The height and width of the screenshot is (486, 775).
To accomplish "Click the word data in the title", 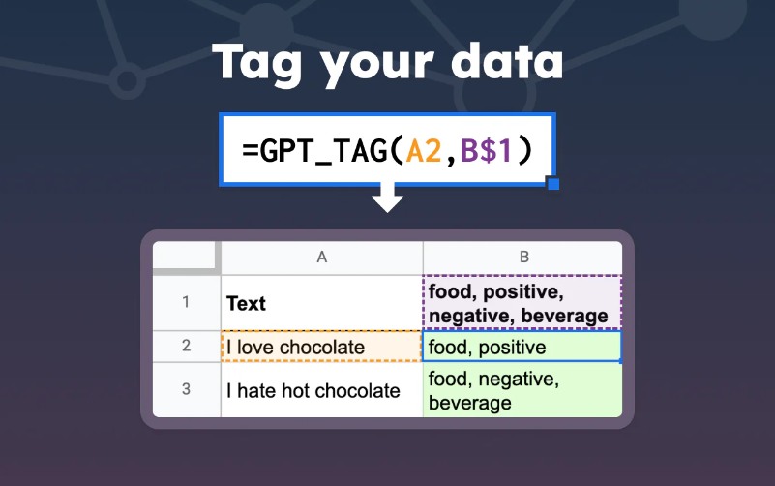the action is [x=507, y=61].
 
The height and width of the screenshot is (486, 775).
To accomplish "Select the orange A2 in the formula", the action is [x=424, y=150].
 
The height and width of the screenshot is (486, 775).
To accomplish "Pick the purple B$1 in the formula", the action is [x=487, y=150].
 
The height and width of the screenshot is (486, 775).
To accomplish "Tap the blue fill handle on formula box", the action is [x=553, y=183].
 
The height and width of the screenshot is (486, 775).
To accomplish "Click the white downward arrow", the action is [x=387, y=197].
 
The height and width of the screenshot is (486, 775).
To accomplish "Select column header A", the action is [x=322, y=258].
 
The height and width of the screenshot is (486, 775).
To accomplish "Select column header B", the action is [x=523, y=258].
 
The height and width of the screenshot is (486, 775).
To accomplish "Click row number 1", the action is [x=186, y=302].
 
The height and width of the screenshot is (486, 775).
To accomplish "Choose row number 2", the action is [x=186, y=346].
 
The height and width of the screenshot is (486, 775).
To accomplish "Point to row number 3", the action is [x=186, y=389].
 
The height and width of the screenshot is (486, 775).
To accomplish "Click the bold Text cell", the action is [x=322, y=303].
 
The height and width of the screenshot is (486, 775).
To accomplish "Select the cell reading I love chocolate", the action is [x=322, y=346].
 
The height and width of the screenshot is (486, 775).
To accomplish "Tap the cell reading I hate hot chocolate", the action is [x=322, y=390].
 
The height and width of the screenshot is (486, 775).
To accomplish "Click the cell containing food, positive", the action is [x=522, y=346].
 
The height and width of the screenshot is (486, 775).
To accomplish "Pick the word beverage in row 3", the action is [x=469, y=404].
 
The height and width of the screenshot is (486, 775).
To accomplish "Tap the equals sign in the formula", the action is [x=251, y=151].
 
